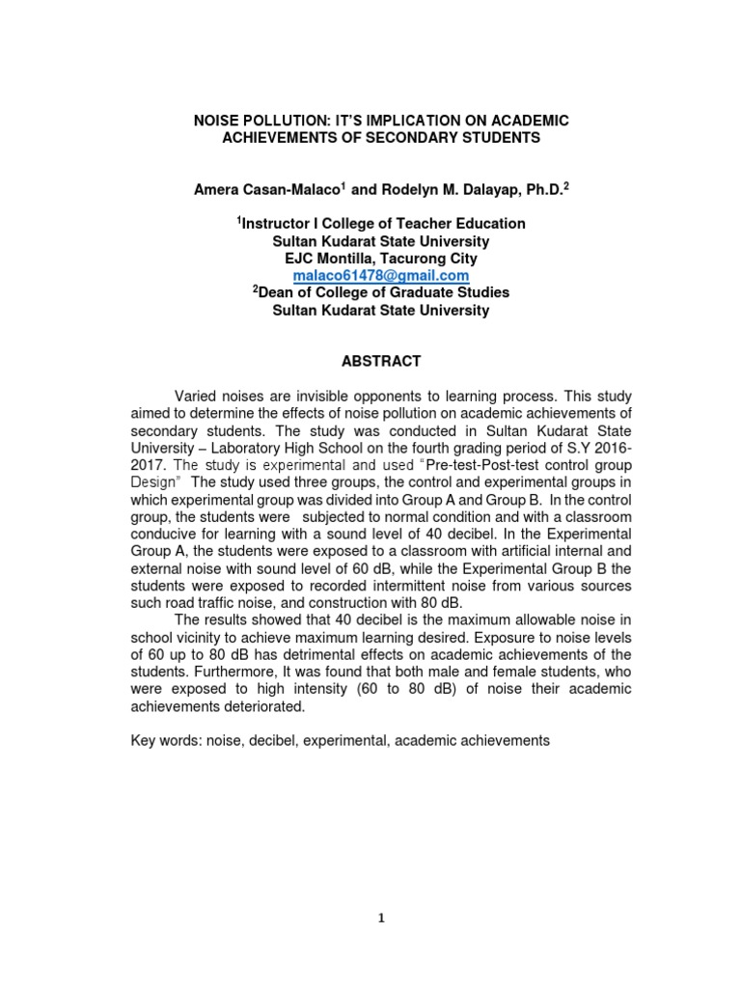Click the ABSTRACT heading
[x=380, y=361]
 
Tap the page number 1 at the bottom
[x=381, y=919]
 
